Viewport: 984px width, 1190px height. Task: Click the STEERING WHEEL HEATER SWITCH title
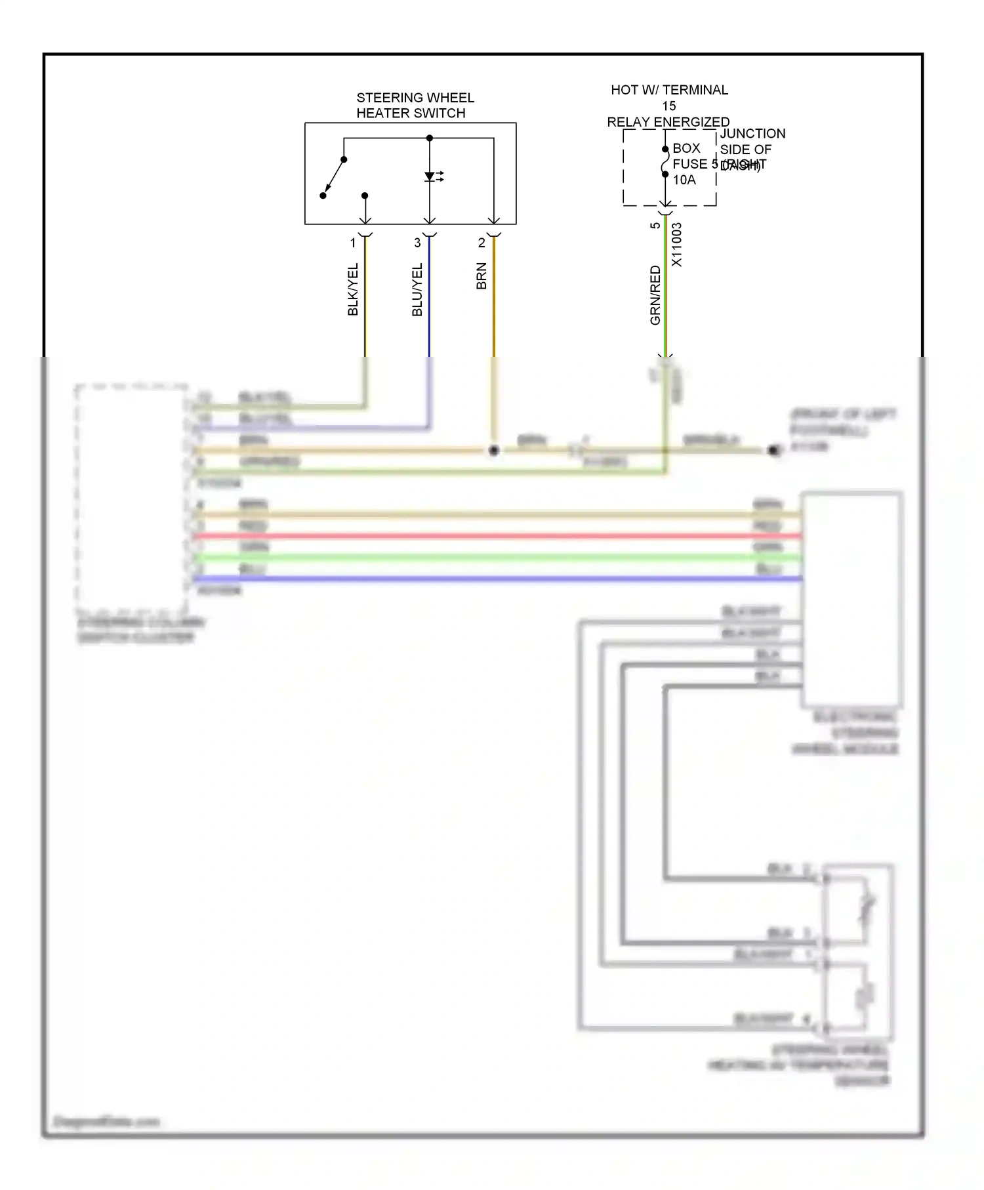[415, 105]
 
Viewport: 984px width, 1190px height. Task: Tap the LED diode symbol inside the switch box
[430, 176]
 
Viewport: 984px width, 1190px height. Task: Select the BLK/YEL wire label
[353, 289]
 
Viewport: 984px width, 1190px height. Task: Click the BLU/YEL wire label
[417, 289]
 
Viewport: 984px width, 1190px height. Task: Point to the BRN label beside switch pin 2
[482, 276]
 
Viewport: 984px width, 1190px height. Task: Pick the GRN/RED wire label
[655, 295]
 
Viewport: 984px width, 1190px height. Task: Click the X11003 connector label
[677, 244]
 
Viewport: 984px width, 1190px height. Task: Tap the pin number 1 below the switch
[353, 243]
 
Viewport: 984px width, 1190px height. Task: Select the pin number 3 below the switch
[417, 243]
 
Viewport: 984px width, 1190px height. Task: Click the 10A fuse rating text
[684, 180]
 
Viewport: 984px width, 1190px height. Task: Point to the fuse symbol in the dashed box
[665, 162]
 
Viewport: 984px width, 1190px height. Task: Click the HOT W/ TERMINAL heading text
[669, 90]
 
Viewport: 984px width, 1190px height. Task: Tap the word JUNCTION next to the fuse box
[752, 133]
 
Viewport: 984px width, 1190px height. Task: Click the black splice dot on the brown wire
[494, 450]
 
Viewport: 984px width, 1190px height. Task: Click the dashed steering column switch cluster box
[131, 499]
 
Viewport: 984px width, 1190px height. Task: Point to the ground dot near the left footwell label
[774, 450]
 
